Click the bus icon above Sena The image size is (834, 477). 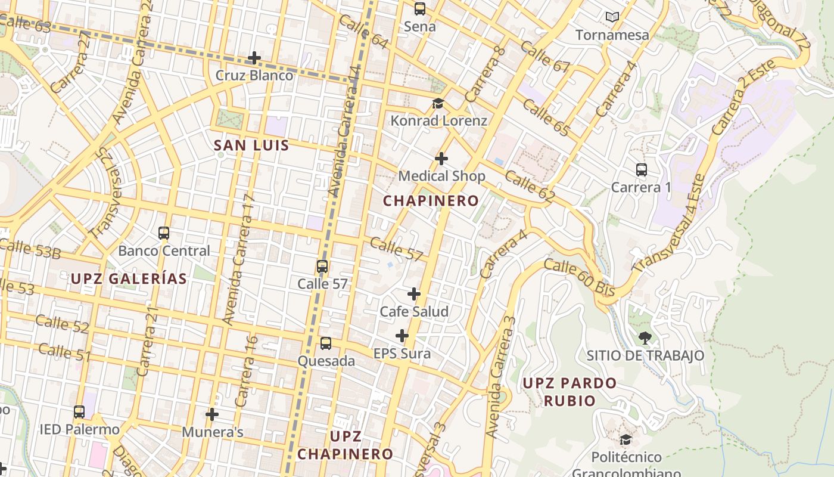pos(420,9)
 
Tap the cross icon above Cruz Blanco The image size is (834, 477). pos(254,58)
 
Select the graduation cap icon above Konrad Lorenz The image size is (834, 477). pos(438,104)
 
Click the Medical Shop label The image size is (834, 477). pos(441,176)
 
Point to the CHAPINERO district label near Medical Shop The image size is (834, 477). pos(431,201)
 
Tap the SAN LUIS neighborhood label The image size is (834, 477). pos(251,145)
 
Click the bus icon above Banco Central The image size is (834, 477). pos(164,233)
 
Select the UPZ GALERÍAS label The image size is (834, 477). pos(129,278)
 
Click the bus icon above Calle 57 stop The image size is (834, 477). pos(322,266)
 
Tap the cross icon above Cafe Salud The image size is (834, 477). pos(414,294)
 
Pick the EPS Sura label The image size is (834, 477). pos(402,354)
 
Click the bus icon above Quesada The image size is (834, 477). pos(326,343)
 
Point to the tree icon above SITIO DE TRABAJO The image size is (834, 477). pos(645,338)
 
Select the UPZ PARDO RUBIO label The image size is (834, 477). pos(570,392)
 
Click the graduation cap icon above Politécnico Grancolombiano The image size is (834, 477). pos(625,440)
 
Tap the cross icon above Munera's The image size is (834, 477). pos(212,414)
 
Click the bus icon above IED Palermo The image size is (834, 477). pos(79,411)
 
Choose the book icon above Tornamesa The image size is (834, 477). pos(612,17)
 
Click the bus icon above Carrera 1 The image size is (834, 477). pos(641,170)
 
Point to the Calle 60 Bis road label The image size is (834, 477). pos(579,278)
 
